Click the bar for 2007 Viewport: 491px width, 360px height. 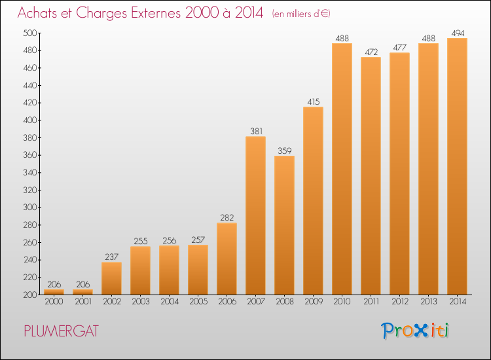click(x=255, y=215)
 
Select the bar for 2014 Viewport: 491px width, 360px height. click(x=457, y=166)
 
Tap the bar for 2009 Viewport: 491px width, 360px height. click(x=313, y=201)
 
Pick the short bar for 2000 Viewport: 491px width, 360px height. click(x=54, y=292)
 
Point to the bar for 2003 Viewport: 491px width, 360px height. click(x=140, y=270)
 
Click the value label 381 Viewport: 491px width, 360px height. click(x=256, y=131)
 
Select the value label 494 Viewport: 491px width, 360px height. click(x=458, y=33)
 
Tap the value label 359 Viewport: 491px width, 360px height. click(x=285, y=151)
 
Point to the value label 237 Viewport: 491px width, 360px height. click(x=112, y=257)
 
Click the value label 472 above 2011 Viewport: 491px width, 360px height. click(x=371, y=52)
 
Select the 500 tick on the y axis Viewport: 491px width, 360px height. click(x=29, y=33)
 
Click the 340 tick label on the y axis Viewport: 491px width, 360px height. click(x=29, y=173)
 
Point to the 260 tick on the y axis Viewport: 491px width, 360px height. click(x=29, y=242)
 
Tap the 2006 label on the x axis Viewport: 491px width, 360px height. click(x=227, y=302)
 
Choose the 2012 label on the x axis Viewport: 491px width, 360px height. click(x=400, y=302)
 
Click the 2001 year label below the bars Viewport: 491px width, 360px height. click(x=83, y=302)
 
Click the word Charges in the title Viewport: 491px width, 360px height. click(x=101, y=13)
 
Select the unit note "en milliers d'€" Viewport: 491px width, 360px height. click(x=301, y=14)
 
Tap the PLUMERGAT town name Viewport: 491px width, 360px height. click(x=62, y=331)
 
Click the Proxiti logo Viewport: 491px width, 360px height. click(x=415, y=331)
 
